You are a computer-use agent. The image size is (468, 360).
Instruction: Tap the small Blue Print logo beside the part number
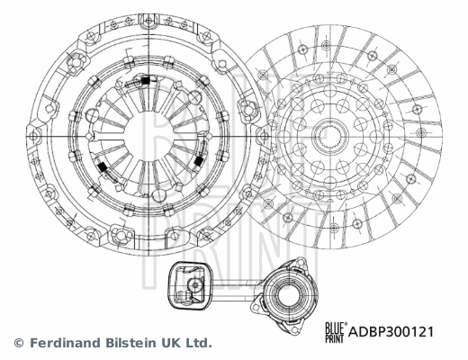pyautogui.click(x=335, y=331)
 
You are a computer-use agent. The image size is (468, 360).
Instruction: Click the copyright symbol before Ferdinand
pyautogui.click(x=18, y=343)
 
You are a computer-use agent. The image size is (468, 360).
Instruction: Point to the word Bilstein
pyautogui.click(x=130, y=343)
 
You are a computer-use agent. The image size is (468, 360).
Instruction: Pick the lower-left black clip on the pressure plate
pyautogui.click(x=103, y=169)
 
